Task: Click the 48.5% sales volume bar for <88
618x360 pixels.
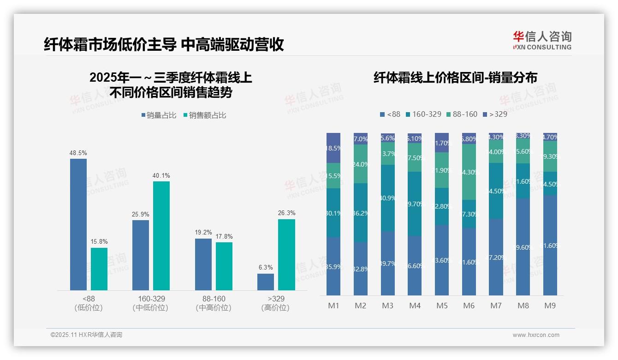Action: (78, 224)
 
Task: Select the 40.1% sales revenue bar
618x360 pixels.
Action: (161, 235)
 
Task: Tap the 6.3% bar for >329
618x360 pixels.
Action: (266, 282)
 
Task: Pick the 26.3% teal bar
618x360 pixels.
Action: (286, 255)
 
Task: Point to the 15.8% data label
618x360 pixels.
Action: (99, 241)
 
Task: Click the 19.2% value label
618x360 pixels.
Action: (203, 232)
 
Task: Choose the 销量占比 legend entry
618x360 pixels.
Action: (159, 115)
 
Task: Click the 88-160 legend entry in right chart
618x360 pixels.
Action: (462, 114)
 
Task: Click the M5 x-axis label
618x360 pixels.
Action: (442, 306)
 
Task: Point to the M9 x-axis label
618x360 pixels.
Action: (550, 306)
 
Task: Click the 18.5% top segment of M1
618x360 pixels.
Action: (333, 148)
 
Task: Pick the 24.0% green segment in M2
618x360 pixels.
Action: (361, 164)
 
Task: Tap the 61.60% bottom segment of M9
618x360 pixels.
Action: (550, 245)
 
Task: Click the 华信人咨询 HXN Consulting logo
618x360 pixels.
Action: (542, 40)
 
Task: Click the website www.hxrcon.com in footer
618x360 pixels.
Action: (536, 335)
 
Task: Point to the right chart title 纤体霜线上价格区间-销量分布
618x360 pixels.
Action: (455, 78)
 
